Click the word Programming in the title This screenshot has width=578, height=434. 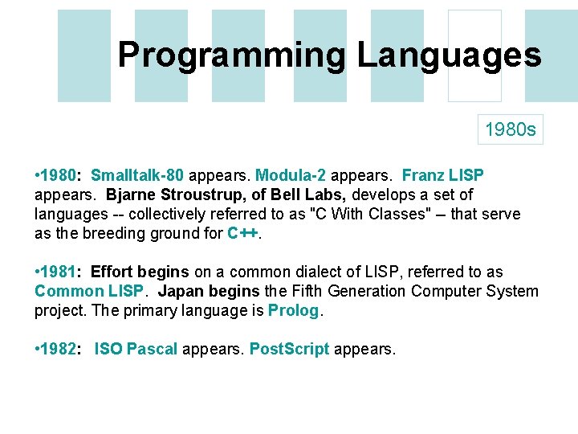click(x=232, y=55)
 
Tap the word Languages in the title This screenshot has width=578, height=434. click(x=449, y=55)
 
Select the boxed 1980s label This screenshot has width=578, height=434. click(x=511, y=129)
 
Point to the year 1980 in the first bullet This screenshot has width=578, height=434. click(x=59, y=175)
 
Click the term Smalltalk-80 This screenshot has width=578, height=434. click(x=137, y=175)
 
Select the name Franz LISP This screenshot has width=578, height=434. click(x=442, y=175)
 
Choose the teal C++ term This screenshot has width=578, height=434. click(x=243, y=234)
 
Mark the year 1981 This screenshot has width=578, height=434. click(x=59, y=272)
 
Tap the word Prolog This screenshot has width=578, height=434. click(x=293, y=310)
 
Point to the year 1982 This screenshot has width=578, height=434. click(x=59, y=350)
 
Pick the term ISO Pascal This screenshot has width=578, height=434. click(x=136, y=350)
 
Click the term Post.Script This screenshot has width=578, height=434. click(x=289, y=350)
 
